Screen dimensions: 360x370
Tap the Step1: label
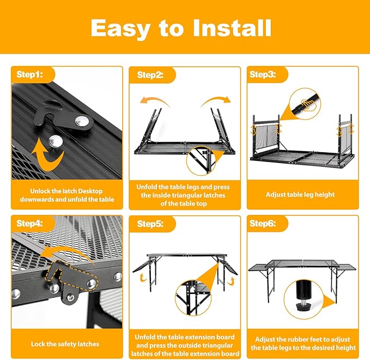click(x=29, y=75)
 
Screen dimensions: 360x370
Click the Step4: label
click(x=29, y=223)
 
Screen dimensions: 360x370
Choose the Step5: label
click(x=150, y=224)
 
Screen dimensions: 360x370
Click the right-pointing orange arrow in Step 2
click(x=216, y=102)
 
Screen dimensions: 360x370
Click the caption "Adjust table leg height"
click(x=300, y=195)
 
